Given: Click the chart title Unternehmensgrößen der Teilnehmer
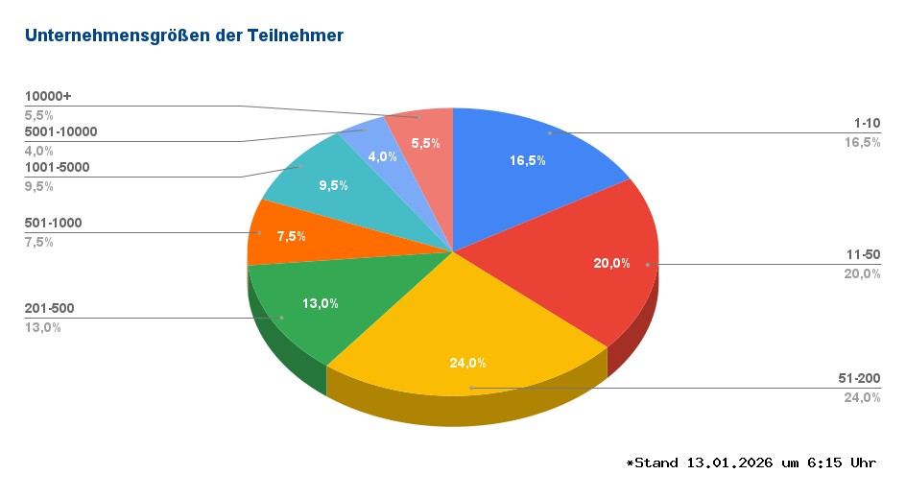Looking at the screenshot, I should point(183,36).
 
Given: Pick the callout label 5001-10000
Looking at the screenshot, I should point(60,131).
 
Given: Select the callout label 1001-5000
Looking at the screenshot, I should point(57,168).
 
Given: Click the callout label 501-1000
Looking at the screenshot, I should point(53,223).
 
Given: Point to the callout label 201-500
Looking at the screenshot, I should point(49,308).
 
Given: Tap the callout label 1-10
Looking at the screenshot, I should point(867,124).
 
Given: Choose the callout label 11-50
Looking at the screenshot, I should point(864,255).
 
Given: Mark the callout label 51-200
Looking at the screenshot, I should point(860,379).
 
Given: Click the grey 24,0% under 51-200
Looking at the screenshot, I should point(862,397).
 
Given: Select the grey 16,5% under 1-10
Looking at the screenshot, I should point(862,142).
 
